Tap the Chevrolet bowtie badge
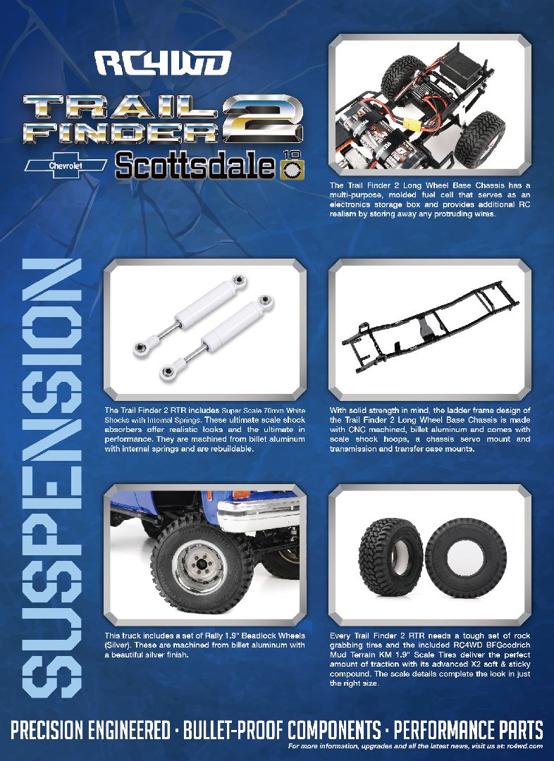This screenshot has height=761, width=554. (65, 165)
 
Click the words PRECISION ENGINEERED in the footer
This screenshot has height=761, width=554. (90, 729)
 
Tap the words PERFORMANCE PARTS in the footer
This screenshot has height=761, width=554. (469, 729)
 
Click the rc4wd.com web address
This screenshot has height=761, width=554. (524, 745)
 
